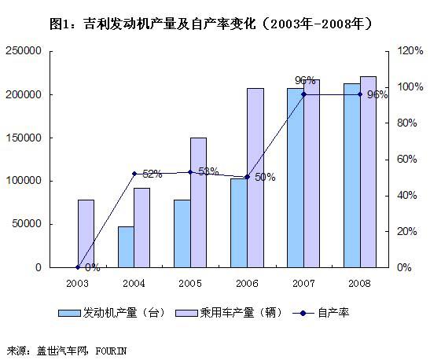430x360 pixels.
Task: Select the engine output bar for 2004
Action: click(126, 247)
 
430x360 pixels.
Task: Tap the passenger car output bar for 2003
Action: click(86, 233)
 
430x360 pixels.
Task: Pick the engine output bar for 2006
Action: click(239, 222)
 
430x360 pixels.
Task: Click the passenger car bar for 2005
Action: click(198, 202)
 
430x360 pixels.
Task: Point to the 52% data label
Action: click(152, 174)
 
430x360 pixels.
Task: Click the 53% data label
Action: click(208, 171)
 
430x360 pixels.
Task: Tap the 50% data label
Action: click(265, 177)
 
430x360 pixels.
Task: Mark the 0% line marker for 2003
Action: click(78, 267)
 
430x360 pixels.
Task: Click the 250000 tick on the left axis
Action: click(24, 51)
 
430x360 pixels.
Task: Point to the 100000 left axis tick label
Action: click(24, 181)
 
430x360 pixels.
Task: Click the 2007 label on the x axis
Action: click(303, 281)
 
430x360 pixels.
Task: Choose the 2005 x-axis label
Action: click(190, 281)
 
